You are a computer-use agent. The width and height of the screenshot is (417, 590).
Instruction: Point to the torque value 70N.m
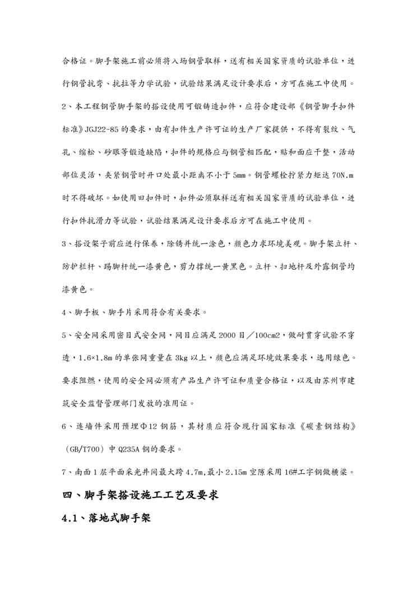[341, 176]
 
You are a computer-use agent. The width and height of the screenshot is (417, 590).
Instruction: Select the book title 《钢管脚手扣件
[320, 107]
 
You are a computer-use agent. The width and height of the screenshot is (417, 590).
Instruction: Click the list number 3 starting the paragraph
[64, 244]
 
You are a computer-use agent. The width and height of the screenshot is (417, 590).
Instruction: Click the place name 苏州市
[329, 381]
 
